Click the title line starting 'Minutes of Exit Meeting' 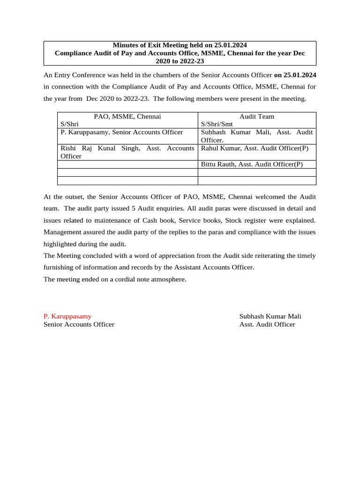(x=180, y=45)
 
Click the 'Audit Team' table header (x=257, y=116)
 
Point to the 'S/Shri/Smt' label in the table (x=217, y=124)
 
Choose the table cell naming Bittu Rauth (x=252, y=164)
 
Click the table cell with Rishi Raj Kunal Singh (x=127, y=152)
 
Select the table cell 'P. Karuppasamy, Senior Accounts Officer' (x=122, y=132)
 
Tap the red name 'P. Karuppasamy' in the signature (x=67, y=316)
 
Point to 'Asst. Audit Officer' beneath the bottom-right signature (x=267, y=324)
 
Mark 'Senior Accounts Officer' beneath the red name (x=79, y=324)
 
